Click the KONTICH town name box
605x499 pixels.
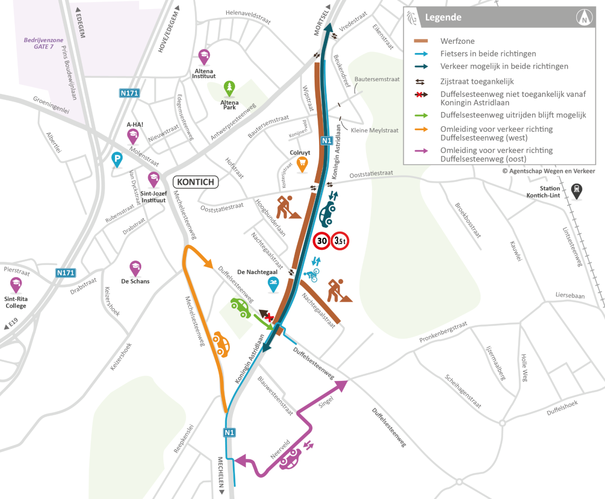click(196, 182)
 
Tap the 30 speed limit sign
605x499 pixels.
click(321, 241)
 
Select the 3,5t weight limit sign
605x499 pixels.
click(340, 241)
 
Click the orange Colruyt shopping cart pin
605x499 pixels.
click(302, 163)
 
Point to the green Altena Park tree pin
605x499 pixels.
click(230, 88)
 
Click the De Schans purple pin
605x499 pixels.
click(135, 267)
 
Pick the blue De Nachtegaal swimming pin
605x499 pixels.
click(274, 285)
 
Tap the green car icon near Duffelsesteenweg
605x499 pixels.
click(240, 307)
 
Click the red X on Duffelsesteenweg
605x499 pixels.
click(269, 316)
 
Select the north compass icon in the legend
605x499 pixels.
click(584, 18)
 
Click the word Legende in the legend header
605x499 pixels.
click(443, 18)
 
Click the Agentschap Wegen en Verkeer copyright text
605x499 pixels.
click(549, 171)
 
